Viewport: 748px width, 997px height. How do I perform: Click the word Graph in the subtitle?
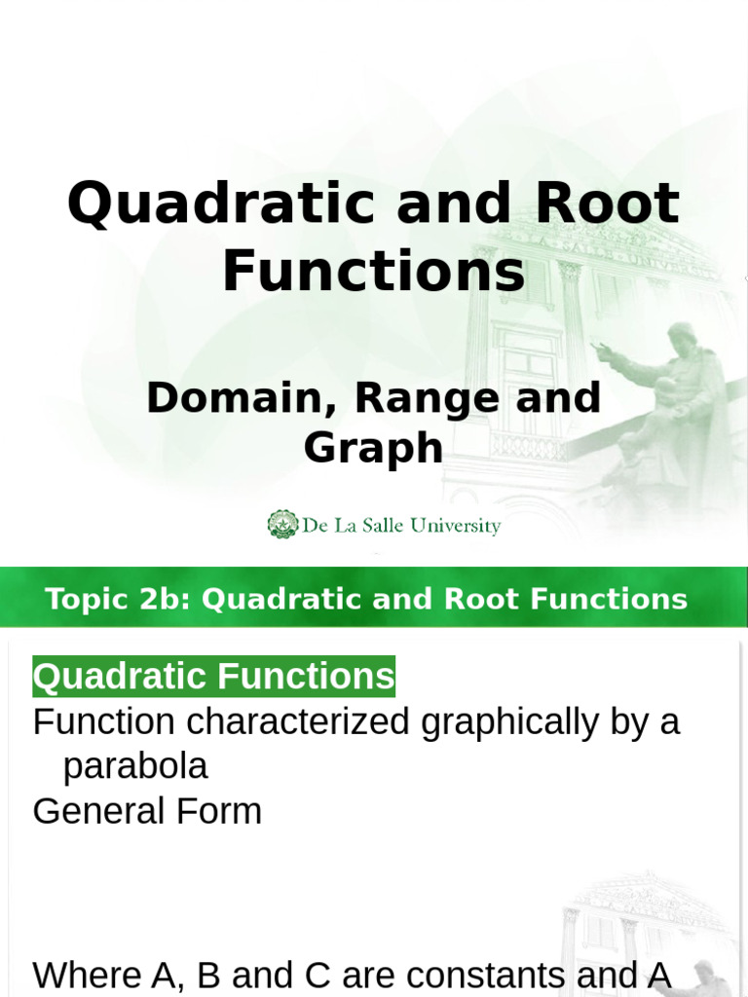[373, 449]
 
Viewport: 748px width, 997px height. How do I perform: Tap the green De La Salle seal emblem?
[282, 525]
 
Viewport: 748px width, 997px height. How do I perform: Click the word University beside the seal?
[455, 527]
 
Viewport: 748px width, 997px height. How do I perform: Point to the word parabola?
[135, 767]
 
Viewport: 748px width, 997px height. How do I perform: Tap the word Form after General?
[220, 811]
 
